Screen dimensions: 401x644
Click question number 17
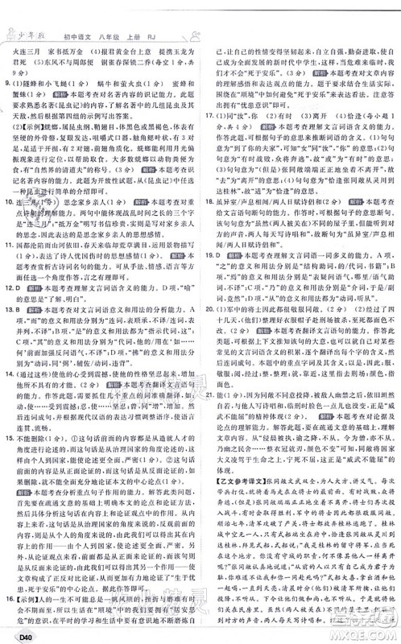(209, 115)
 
